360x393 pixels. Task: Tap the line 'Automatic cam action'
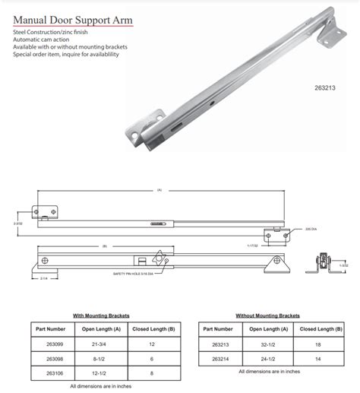click(x=43, y=49)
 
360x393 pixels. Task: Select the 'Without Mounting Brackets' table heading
click(x=268, y=315)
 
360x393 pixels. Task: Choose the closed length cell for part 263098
click(x=152, y=358)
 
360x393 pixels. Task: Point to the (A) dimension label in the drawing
click(x=159, y=190)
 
